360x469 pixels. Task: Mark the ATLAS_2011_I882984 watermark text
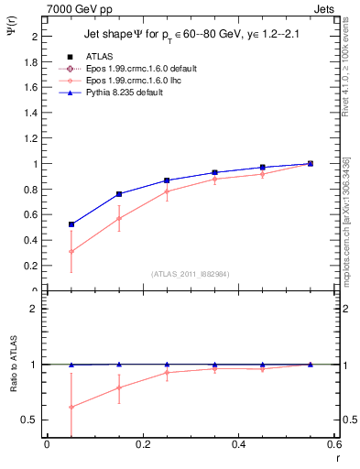coord(191,274)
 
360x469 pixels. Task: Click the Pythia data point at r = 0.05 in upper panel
coord(71,224)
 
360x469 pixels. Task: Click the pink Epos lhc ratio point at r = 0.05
coord(71,407)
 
